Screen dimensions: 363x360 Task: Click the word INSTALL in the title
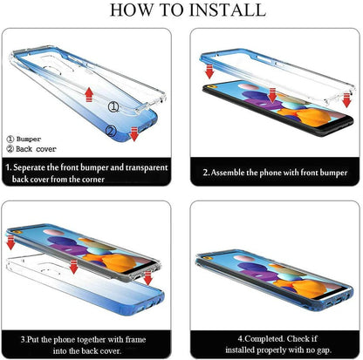point(228,10)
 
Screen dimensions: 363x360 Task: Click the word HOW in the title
point(131,10)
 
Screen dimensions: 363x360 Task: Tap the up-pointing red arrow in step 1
point(89,94)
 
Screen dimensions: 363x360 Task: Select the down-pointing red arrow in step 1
point(134,134)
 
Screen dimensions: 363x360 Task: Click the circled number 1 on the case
point(113,106)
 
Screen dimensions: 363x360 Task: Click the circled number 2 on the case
point(111,131)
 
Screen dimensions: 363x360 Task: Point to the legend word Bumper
point(29,139)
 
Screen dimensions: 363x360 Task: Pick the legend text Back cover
point(36,149)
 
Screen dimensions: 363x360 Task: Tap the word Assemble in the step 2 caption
point(228,173)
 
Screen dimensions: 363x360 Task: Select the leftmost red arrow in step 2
point(209,71)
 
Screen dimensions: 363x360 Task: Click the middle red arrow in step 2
point(272,96)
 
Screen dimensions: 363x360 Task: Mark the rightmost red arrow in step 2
point(346,100)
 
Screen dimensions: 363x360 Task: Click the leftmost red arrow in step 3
point(10,243)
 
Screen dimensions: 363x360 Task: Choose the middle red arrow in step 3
point(74,267)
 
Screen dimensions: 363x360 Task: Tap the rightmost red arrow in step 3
point(148,278)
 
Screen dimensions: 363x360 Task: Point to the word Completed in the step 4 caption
point(264,339)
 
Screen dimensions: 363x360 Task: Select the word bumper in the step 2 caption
point(333,173)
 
